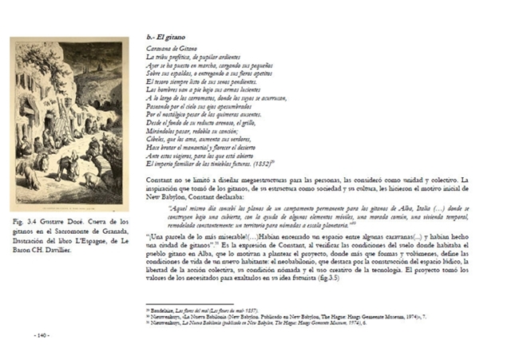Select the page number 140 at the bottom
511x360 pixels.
(42, 335)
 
